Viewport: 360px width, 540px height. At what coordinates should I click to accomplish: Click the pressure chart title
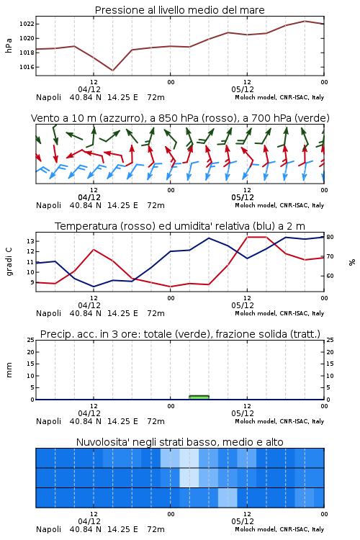[180, 10]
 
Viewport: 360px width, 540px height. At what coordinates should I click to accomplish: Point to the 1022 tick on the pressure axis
[27, 24]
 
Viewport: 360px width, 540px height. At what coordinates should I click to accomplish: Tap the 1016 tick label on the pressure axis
[27, 67]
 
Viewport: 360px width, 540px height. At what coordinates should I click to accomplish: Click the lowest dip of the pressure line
[112, 71]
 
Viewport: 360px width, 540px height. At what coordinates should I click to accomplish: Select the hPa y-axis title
[9, 45]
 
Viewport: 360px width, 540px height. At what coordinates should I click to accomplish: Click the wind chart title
[180, 118]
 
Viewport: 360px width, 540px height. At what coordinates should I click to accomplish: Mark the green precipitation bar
[199, 397]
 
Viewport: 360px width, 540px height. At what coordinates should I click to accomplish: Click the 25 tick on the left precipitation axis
[31, 340]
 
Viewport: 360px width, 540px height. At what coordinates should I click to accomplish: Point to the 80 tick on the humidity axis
[330, 237]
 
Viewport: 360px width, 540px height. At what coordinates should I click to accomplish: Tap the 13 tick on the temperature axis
[31, 241]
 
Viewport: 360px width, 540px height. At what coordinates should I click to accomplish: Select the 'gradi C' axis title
[9, 261]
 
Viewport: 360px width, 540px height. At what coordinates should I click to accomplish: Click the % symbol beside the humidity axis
[352, 262]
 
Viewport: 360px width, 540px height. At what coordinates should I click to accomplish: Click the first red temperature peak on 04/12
[94, 249]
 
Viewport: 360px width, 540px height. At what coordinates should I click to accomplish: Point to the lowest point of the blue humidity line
[94, 287]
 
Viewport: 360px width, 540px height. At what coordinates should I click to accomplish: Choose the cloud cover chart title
[180, 442]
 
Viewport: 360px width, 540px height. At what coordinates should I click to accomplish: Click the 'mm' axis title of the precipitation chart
[9, 370]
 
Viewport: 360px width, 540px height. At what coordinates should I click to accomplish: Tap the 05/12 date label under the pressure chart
[243, 89]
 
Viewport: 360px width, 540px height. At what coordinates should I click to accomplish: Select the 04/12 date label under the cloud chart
[89, 521]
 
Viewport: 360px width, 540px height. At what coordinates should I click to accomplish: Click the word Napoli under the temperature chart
[48, 313]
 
